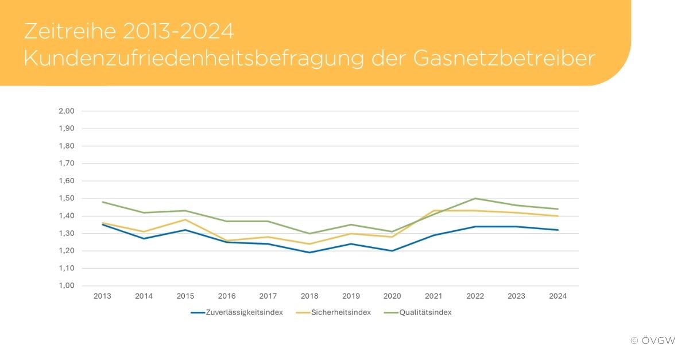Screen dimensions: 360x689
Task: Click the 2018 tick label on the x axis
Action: tap(309, 296)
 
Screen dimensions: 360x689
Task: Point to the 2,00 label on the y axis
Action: tap(67, 111)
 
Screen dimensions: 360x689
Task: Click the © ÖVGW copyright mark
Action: tap(653, 340)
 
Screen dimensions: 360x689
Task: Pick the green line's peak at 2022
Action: tap(475, 199)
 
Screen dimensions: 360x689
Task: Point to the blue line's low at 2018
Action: tap(309, 253)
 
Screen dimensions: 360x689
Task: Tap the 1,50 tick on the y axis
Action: tap(67, 199)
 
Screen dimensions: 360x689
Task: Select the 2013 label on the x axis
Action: tap(102, 296)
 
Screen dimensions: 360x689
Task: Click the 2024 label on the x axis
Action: tap(558, 296)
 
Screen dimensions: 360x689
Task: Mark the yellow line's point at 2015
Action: tap(185, 219)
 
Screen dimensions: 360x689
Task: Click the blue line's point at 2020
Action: tap(392, 251)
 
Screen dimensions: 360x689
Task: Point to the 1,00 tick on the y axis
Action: tap(67, 286)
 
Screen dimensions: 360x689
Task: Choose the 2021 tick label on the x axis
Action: tap(433, 296)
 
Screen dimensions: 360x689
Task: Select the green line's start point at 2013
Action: tap(102, 202)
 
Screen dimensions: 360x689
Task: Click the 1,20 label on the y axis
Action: tap(67, 251)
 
